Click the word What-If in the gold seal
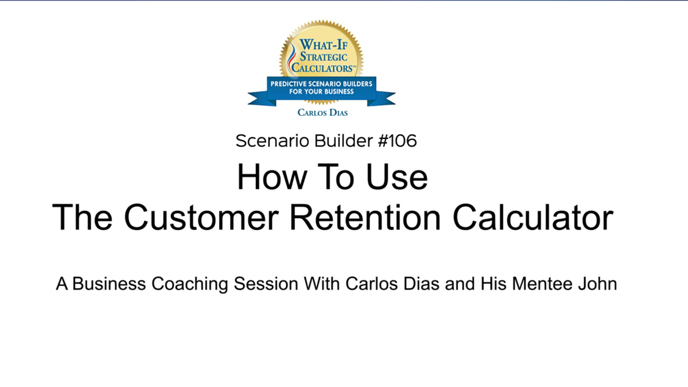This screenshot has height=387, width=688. (x=323, y=45)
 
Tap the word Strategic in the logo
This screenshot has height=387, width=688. (x=323, y=57)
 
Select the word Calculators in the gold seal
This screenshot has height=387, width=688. (x=323, y=68)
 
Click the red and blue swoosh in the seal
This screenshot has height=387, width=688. (x=291, y=57)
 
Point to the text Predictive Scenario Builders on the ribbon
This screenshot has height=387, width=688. (x=321, y=84)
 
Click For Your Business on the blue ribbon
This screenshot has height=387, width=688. (x=321, y=91)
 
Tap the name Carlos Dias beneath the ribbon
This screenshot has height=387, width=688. (x=322, y=112)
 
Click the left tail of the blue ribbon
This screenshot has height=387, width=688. (x=261, y=98)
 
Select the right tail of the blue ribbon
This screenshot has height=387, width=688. (x=381, y=98)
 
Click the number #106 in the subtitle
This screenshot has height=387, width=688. (x=397, y=141)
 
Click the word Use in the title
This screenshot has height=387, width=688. (x=397, y=177)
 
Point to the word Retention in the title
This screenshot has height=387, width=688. (x=365, y=217)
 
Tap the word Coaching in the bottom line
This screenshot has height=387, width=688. (x=189, y=284)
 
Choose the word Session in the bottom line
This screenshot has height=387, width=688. (x=266, y=284)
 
